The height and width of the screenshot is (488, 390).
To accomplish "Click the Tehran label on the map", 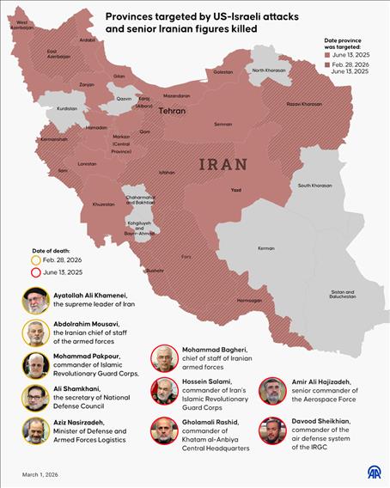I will click(172, 112).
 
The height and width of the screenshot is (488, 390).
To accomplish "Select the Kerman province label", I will click(266, 248).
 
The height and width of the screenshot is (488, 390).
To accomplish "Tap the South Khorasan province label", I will click(315, 185).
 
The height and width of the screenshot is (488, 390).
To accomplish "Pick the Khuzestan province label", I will click(102, 204).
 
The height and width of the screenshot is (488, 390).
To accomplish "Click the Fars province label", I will click(186, 257).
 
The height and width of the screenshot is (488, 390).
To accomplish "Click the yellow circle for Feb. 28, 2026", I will click(34, 259).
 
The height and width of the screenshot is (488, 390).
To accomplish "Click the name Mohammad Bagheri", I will click(214, 350).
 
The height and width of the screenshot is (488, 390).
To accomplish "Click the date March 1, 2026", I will click(40, 474).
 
